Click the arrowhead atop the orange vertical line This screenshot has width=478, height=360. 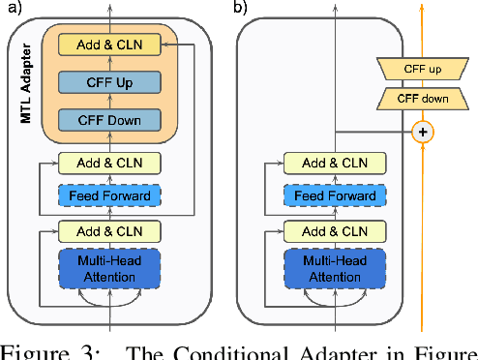(421, 6)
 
